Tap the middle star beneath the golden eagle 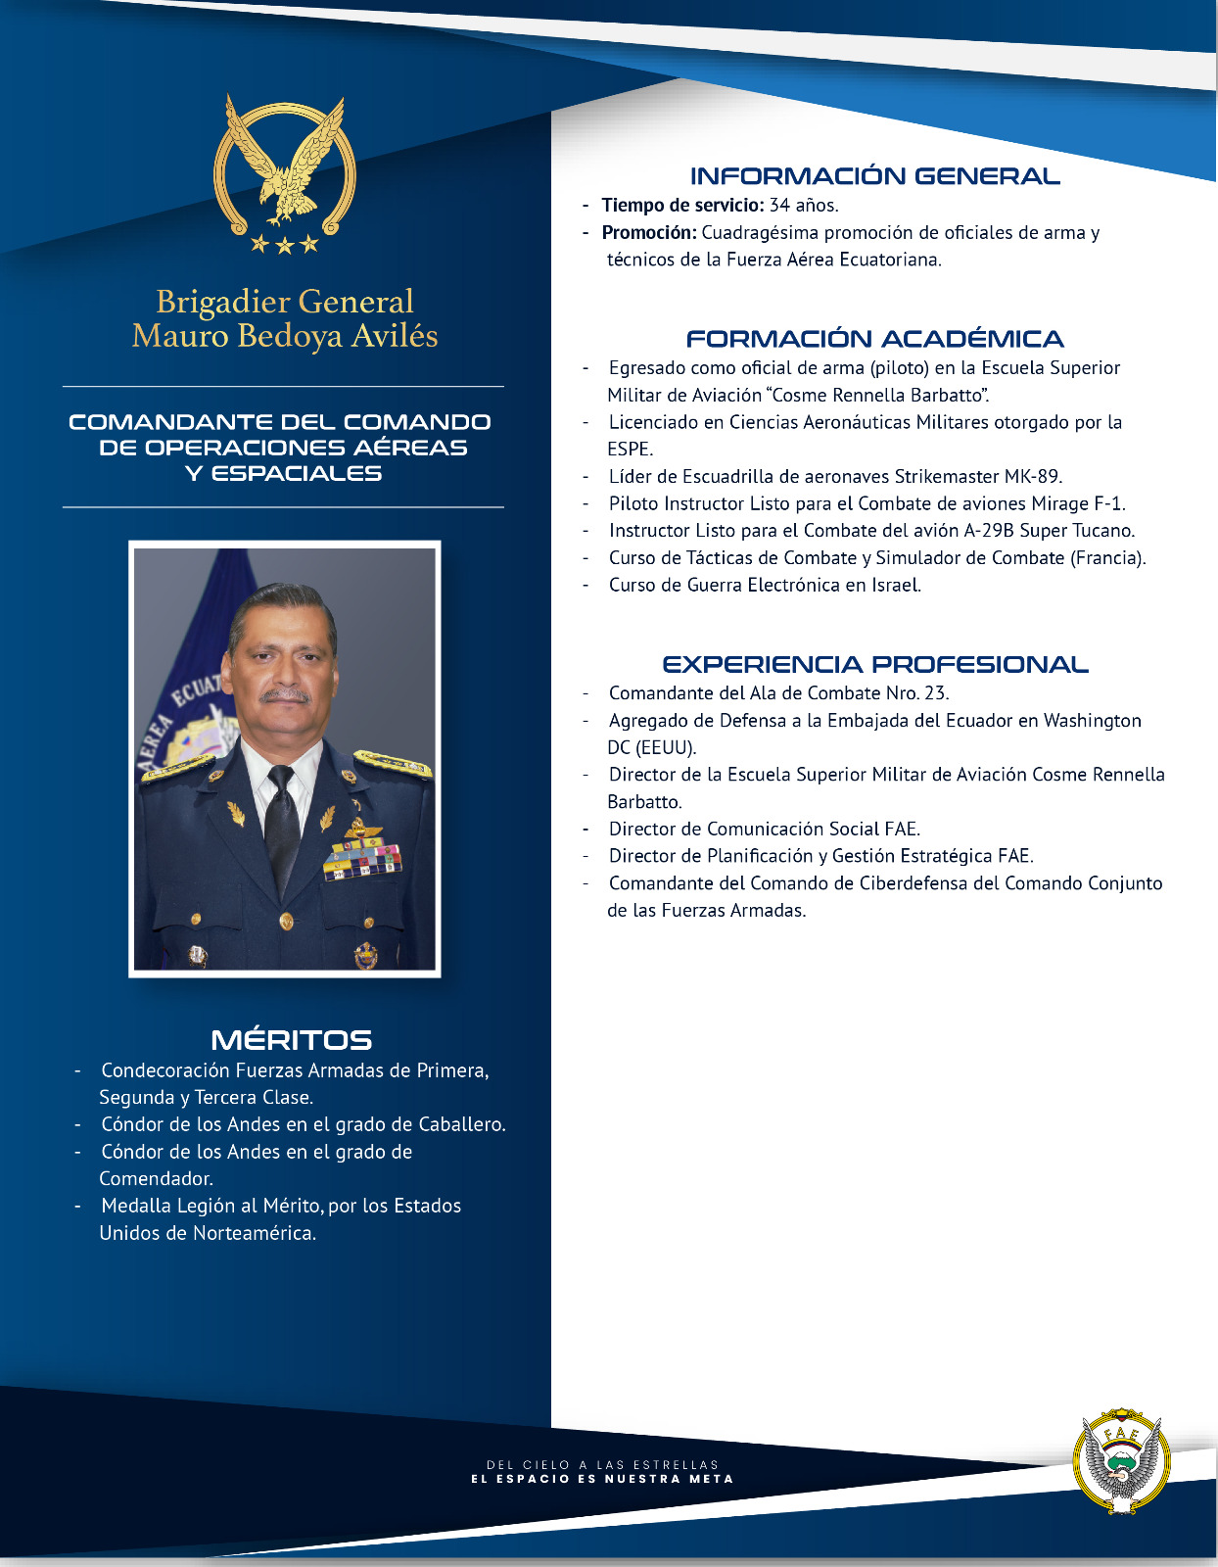(285, 244)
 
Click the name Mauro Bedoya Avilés (285, 336)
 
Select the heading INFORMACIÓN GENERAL (874, 176)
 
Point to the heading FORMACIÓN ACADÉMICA (874, 339)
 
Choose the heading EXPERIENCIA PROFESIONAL (874, 664)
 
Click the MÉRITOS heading (291, 1040)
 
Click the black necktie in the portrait (282, 823)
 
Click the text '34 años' (804, 206)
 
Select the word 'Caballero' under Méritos (460, 1124)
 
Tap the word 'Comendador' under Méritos (156, 1179)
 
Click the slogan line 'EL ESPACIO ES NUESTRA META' (602, 1479)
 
